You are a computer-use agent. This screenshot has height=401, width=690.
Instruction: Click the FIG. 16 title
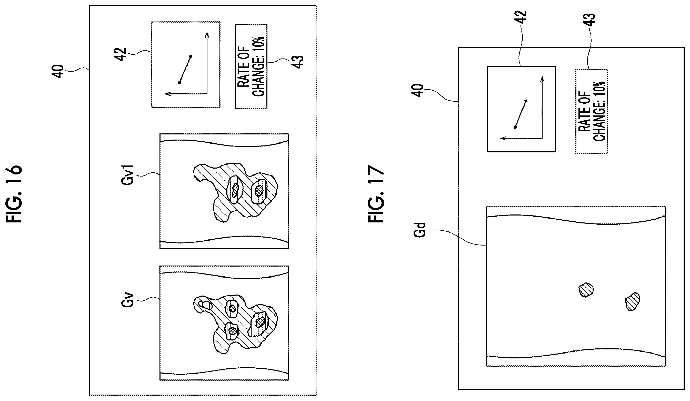point(14,194)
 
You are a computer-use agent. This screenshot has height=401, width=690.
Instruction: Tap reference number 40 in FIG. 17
point(418,90)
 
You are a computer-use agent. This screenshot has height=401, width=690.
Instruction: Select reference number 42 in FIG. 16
point(121,54)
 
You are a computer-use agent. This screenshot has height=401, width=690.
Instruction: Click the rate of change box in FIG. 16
point(251,66)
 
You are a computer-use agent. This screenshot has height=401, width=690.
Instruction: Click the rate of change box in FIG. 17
point(592,111)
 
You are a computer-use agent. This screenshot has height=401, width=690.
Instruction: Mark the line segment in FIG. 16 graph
point(185,70)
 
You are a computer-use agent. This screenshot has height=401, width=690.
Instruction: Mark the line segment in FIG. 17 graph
point(520,114)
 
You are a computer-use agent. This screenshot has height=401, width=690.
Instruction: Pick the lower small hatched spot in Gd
point(633,301)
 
